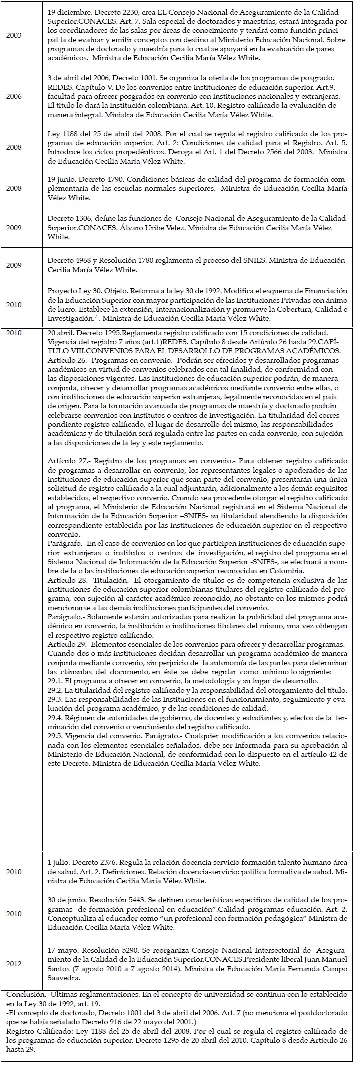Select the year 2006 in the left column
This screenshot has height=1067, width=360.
coord(14,96)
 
